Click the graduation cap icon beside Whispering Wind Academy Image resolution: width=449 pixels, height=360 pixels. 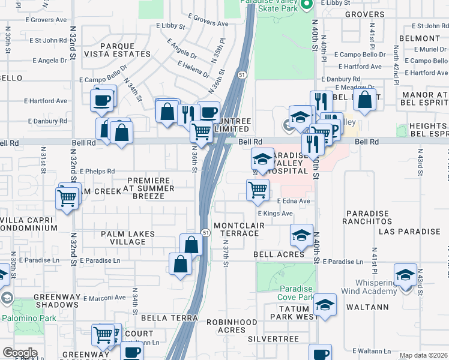pos(405,274)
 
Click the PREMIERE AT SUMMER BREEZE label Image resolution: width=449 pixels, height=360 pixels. pos(148,192)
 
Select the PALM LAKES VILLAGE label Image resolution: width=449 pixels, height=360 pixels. pos(128,238)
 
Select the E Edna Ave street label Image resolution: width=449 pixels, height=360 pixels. pos(294,201)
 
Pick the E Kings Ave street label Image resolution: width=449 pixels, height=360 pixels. pos(275,213)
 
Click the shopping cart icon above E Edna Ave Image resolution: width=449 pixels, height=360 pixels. pos(258,189)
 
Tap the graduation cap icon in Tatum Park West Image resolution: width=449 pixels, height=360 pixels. pos(325,305)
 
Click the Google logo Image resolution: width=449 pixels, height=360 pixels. pos(20,353)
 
